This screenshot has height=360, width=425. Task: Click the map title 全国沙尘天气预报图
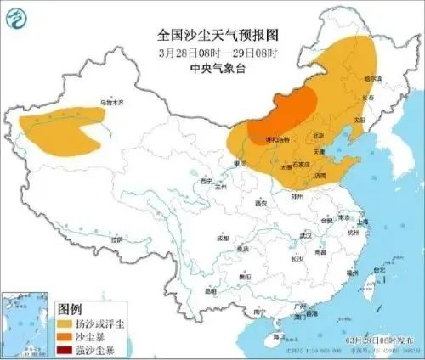coord(218,34)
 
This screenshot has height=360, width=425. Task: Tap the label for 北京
coord(319,135)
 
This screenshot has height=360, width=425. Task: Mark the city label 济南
coord(320,176)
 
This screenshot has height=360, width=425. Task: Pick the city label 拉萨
coord(118,240)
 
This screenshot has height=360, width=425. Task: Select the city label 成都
coord(223,239)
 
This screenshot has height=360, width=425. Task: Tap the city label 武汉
coord(308,234)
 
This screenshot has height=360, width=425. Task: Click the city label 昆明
coord(209,291)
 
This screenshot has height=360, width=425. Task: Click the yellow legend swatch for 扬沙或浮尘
coord(65,323)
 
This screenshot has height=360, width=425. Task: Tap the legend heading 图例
coord(69,308)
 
